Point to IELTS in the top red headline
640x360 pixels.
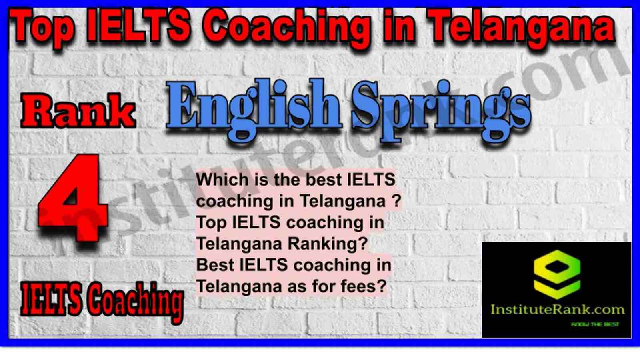click(138, 26)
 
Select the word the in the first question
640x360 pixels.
click(286, 180)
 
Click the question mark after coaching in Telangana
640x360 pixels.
click(397, 201)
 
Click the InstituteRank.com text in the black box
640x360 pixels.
click(558, 310)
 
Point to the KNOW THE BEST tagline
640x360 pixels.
click(595, 324)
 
